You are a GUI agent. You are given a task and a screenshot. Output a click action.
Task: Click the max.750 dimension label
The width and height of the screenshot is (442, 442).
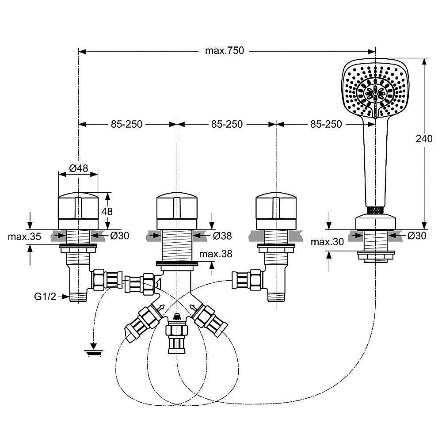[224, 51]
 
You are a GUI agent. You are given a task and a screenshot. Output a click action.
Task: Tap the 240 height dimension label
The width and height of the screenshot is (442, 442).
[424, 138]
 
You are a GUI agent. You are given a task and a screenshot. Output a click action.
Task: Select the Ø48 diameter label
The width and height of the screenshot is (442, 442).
[79, 168]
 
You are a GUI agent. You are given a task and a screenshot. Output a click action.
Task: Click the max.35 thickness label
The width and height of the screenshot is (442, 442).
[24, 236]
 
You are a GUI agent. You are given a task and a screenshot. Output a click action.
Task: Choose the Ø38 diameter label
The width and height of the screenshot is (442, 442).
[222, 236]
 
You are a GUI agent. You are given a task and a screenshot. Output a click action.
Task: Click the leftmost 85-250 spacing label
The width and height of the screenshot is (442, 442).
[126, 124]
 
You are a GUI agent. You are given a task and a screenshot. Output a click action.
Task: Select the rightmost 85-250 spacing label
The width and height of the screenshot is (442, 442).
[326, 124]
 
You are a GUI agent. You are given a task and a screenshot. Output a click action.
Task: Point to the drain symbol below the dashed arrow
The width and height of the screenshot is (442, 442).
[94, 352]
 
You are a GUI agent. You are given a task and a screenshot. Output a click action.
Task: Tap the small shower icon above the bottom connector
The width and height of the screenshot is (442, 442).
[177, 316]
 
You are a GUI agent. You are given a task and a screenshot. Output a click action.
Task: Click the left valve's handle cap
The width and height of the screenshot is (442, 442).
[78, 206]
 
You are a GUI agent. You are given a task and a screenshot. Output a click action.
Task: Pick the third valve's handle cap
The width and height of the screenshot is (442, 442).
[276, 206]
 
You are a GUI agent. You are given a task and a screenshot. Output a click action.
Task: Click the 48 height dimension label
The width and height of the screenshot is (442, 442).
[107, 211]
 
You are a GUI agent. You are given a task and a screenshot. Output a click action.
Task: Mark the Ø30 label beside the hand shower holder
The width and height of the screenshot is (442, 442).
[417, 236]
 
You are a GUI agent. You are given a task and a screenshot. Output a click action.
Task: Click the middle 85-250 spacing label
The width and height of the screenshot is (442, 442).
[226, 124]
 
